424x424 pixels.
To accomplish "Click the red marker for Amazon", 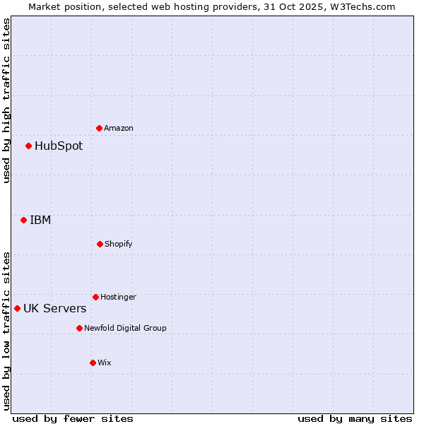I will (x=99, y=128).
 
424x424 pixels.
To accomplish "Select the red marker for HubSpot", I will (x=28, y=146).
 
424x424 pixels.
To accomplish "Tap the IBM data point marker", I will (x=23, y=220).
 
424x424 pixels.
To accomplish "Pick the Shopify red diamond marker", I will (x=100, y=244).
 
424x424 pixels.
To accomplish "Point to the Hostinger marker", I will (x=95, y=297).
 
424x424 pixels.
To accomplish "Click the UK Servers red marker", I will (x=17, y=308).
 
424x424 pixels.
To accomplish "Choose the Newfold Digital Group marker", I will (x=79, y=328).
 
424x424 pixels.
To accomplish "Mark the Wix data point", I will (x=93, y=363).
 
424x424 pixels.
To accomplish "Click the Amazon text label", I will (x=119, y=128).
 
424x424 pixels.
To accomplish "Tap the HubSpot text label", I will (x=59, y=146).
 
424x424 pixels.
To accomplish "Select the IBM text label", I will (x=40, y=220).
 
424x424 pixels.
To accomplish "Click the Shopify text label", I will (x=119, y=244).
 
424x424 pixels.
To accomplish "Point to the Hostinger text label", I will (x=118, y=297).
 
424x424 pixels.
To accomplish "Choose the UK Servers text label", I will (x=55, y=308).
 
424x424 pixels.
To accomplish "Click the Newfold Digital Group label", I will (x=125, y=328).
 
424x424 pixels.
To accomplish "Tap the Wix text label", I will (x=105, y=363).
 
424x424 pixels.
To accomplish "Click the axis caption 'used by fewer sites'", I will (x=73, y=418).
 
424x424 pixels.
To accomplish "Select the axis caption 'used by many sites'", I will (x=355, y=418).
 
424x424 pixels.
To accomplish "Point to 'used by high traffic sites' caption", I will (x=6, y=100).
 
